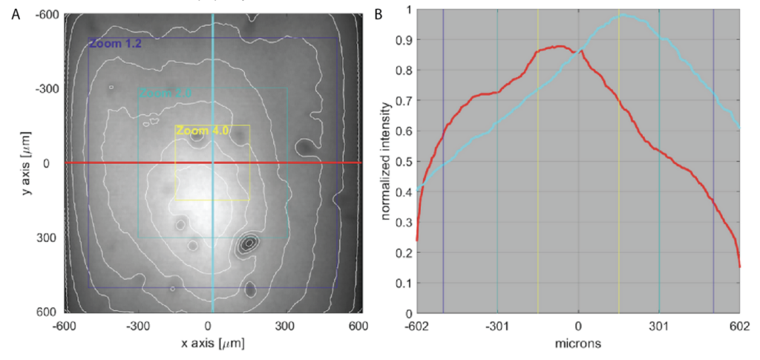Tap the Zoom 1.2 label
[115, 44]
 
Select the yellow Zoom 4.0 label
[202, 130]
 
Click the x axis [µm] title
[213, 344]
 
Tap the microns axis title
[577, 344]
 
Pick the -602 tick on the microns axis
[416, 325]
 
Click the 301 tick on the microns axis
[658, 325]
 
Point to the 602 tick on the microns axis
[739, 325]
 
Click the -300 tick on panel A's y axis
[49, 89]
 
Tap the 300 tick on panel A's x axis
[286, 325]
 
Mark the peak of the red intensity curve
[558, 46]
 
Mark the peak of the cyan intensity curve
[623, 15]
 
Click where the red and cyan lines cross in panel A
[213, 163]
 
